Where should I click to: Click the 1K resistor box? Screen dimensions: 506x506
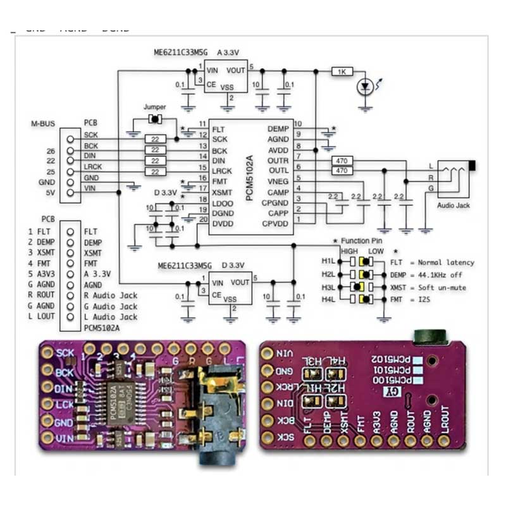342,72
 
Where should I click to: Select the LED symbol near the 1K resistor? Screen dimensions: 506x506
364,87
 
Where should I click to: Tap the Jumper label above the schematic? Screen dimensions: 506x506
155,108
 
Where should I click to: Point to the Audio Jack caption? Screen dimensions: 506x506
454,206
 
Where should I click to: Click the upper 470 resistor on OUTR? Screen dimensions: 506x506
342,161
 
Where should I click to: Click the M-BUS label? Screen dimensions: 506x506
44,123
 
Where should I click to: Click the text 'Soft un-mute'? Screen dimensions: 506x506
436,287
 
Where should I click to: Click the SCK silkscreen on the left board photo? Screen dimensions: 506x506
65,353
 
